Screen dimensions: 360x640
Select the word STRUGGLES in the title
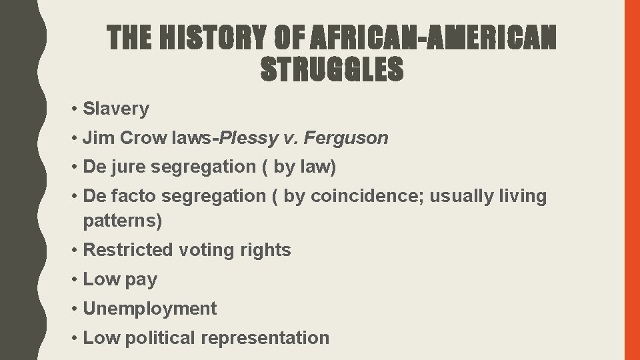(x=331, y=69)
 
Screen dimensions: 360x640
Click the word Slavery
(x=116, y=109)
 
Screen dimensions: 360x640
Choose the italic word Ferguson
(x=353, y=138)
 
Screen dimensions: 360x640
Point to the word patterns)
(x=123, y=220)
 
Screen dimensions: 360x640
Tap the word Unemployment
(x=150, y=309)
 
